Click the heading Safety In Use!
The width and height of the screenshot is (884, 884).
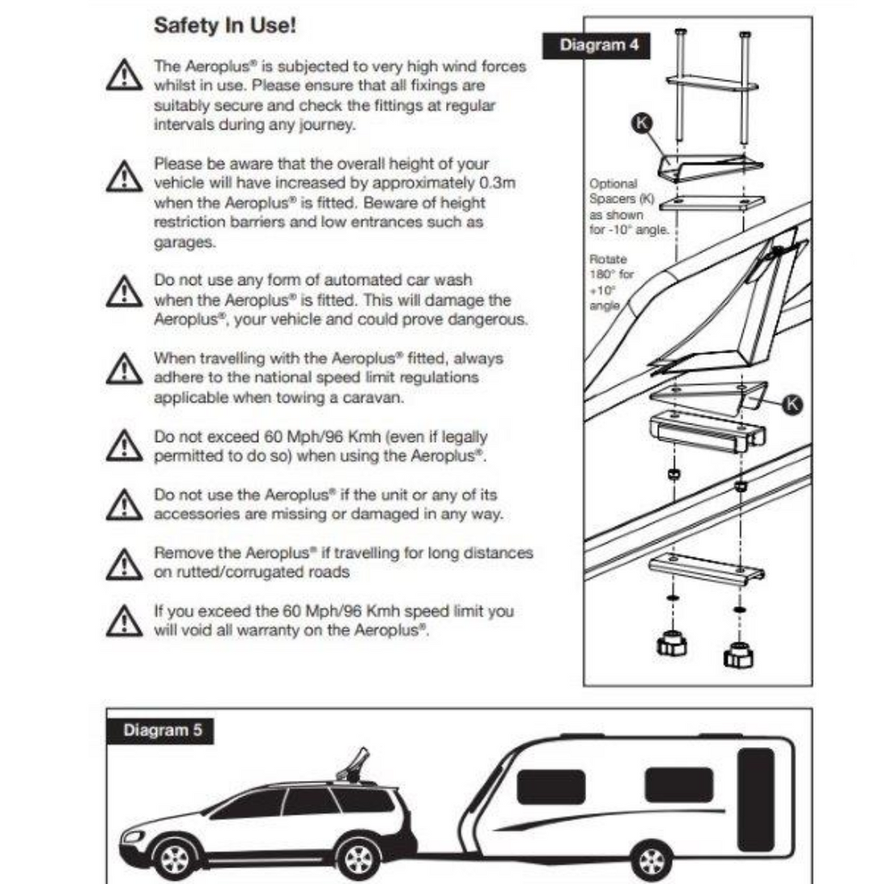pyautogui.click(x=224, y=26)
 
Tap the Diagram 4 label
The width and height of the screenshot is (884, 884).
pyautogui.click(x=599, y=45)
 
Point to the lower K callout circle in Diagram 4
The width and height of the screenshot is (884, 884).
pyautogui.click(x=795, y=404)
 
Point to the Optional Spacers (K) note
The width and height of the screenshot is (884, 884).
pyautogui.click(x=618, y=205)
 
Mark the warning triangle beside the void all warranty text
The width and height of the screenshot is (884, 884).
pyautogui.click(x=123, y=620)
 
